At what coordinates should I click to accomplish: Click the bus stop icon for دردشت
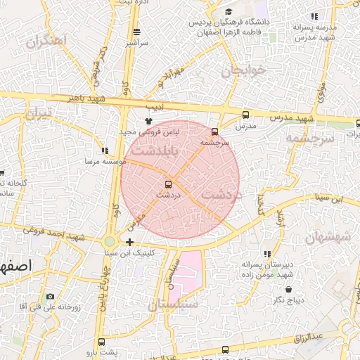click(x=167, y=184)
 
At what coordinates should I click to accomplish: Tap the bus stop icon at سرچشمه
click(x=214, y=131)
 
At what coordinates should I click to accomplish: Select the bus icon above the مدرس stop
click(x=245, y=115)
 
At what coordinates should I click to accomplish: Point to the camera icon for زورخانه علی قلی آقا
click(x=49, y=297)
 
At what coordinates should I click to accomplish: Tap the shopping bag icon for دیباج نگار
click(x=289, y=289)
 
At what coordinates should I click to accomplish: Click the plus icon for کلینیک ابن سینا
click(x=129, y=242)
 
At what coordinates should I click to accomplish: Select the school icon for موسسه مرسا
click(x=105, y=150)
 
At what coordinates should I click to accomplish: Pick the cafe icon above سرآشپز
click(x=136, y=32)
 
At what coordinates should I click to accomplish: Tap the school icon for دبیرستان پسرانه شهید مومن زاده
click(x=266, y=254)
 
